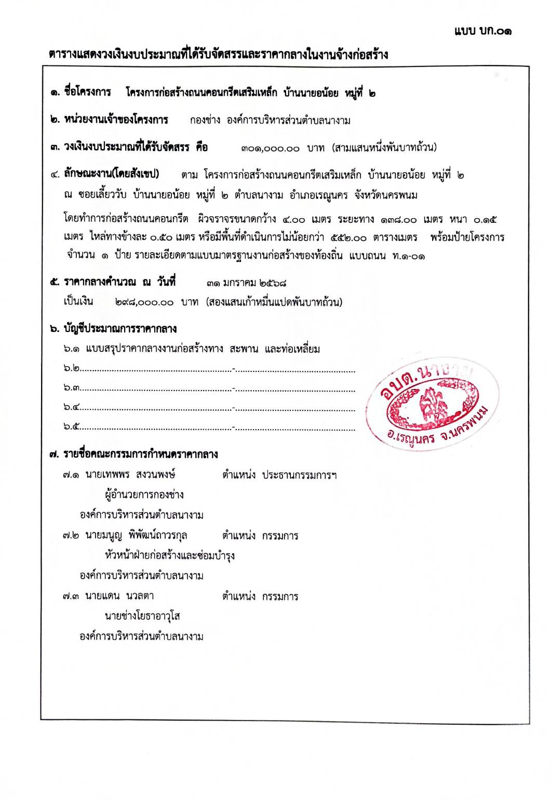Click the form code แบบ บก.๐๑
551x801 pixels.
(x=482, y=31)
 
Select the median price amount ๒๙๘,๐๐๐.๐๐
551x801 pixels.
(x=144, y=302)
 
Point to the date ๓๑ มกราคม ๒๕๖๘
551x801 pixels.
(x=247, y=283)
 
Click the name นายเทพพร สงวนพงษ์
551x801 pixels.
(x=130, y=474)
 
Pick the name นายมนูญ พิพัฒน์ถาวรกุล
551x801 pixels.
(x=136, y=536)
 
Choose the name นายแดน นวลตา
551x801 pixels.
(x=119, y=596)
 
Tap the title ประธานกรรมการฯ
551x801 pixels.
(x=299, y=475)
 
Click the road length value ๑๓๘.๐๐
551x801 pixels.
(x=398, y=220)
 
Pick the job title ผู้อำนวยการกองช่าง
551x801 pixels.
(x=144, y=495)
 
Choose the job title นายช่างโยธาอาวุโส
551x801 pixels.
(x=142, y=617)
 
